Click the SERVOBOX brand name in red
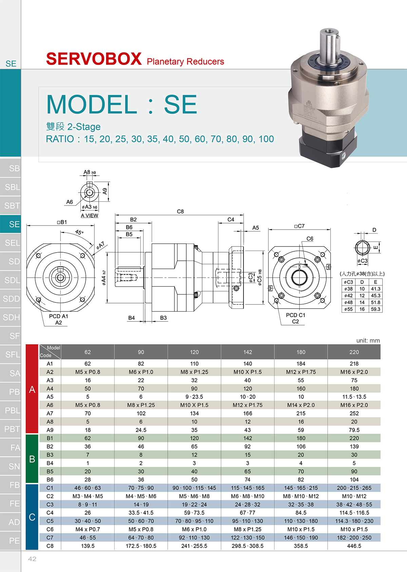(94, 59)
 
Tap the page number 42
(32, 559)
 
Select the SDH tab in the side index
(11, 317)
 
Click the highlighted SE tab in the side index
(11, 224)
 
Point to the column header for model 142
(248, 352)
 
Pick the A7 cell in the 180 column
(301, 413)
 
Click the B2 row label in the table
(50, 446)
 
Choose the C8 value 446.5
(354, 546)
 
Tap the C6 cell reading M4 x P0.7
(88, 529)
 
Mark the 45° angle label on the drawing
(79, 232)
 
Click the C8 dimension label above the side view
(180, 212)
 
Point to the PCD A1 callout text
(59, 316)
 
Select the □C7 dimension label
(299, 226)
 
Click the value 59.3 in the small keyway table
(375, 309)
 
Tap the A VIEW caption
(90, 216)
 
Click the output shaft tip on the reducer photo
(329, 32)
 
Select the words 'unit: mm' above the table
(368, 340)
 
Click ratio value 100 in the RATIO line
(266, 139)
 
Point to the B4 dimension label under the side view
(132, 318)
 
